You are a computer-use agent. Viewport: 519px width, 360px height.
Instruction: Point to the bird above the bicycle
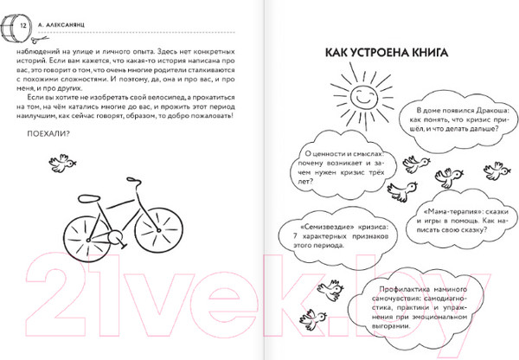pyautogui.click(x=60, y=161)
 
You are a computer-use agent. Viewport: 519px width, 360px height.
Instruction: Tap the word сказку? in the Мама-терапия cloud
pyautogui.click(x=459, y=232)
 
